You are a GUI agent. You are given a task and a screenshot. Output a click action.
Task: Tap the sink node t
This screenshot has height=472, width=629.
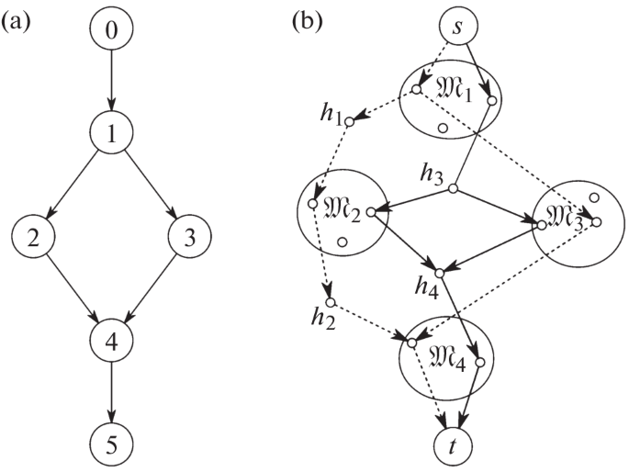[452, 444]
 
